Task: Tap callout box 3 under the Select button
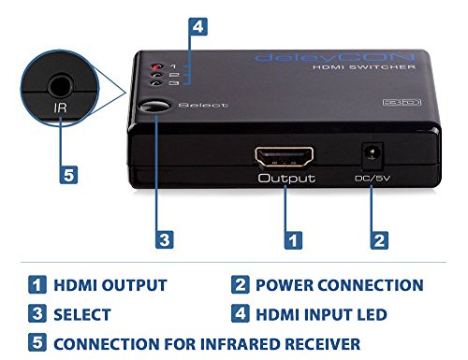164,239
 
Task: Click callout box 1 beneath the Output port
294,239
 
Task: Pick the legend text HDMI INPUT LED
325,315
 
